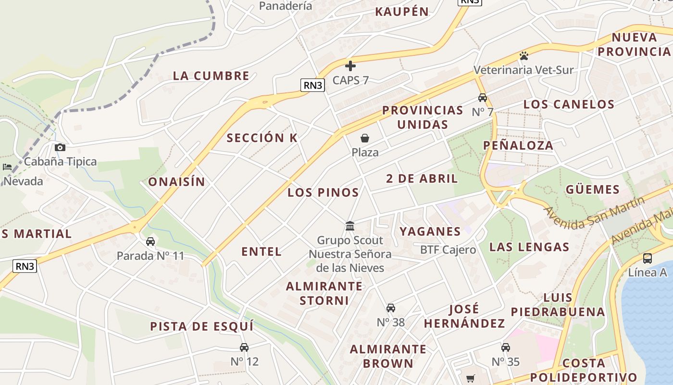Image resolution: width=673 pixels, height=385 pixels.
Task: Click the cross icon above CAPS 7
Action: coord(350,65)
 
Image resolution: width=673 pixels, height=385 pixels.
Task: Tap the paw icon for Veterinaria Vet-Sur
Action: coord(523,56)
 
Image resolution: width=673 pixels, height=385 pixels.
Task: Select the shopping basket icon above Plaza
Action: coord(365,139)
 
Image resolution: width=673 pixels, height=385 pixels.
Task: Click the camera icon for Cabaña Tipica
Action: coord(60,147)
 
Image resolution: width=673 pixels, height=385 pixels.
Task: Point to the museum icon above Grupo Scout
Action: coord(350,226)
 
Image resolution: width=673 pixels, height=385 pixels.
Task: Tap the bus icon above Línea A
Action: coord(648,258)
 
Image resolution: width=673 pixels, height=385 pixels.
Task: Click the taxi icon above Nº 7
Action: coord(483,98)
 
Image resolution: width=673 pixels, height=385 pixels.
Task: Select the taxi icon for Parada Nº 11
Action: coord(150,242)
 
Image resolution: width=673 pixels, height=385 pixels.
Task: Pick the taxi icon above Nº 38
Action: coord(391,308)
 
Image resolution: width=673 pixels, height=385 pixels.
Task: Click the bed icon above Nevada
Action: coord(7,167)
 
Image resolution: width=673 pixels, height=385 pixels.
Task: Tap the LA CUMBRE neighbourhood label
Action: coord(211,76)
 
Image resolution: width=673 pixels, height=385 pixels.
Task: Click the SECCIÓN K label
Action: coord(262,138)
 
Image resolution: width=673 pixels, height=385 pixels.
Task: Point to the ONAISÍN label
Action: coord(176,182)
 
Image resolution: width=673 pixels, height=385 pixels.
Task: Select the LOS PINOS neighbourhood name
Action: coord(323,192)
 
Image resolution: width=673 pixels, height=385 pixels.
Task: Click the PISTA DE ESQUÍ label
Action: coord(201,326)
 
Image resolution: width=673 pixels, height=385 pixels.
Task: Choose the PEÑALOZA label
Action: coord(518,145)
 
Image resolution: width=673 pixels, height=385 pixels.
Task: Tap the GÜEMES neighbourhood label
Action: coord(592,189)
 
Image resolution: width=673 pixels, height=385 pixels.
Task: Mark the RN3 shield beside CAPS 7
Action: coord(313,85)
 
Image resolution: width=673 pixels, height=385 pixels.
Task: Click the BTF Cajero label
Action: coord(448,250)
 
